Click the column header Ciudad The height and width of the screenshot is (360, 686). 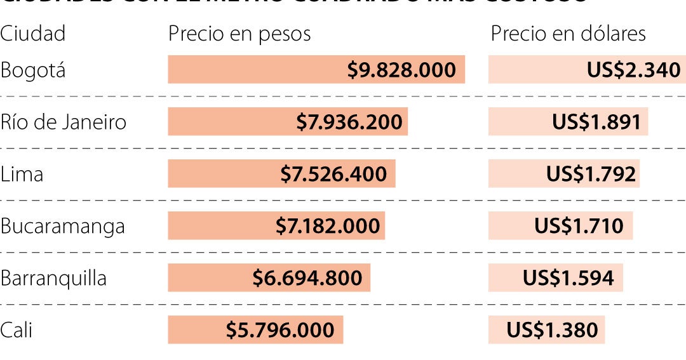[x=32, y=34]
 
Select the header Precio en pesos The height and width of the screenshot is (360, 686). [x=239, y=34]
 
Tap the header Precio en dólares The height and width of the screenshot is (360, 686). [x=568, y=34]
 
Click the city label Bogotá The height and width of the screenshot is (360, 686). [x=32, y=70]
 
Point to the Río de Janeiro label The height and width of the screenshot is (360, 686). [x=64, y=122]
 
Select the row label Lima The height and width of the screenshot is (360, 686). [x=22, y=174]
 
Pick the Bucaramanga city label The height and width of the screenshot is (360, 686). [x=62, y=226]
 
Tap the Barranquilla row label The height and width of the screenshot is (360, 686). [x=53, y=278]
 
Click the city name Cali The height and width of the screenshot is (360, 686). [x=17, y=330]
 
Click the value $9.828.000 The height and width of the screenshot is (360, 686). [x=401, y=70]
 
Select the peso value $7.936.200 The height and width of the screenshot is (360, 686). [x=349, y=122]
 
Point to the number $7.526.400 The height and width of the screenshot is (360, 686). [x=333, y=174]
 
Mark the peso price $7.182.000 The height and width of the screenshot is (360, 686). [x=328, y=226]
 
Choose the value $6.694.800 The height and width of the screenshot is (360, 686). [x=307, y=278]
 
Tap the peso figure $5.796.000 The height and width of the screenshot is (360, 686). [x=280, y=330]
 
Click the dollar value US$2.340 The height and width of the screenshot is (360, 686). [x=634, y=70]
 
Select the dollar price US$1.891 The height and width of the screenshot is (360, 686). [x=596, y=122]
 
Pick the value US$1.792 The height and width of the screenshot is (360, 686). [x=591, y=174]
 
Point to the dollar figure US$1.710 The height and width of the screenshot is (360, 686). [x=579, y=226]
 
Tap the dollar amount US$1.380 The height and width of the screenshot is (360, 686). [x=553, y=330]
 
